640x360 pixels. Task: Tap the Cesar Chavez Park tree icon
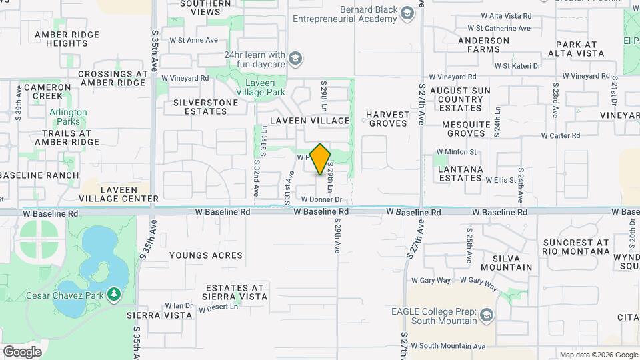114,293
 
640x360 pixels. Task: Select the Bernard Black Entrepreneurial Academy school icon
406,13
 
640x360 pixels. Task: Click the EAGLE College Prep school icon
487,315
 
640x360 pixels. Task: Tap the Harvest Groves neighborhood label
387,119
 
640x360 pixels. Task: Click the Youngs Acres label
206,255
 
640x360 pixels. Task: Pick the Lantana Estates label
460,174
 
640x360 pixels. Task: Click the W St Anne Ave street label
194,40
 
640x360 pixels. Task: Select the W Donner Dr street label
321,199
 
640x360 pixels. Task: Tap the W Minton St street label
457,152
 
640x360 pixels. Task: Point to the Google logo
22,351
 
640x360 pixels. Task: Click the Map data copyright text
598,355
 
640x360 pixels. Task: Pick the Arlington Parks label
68,117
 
